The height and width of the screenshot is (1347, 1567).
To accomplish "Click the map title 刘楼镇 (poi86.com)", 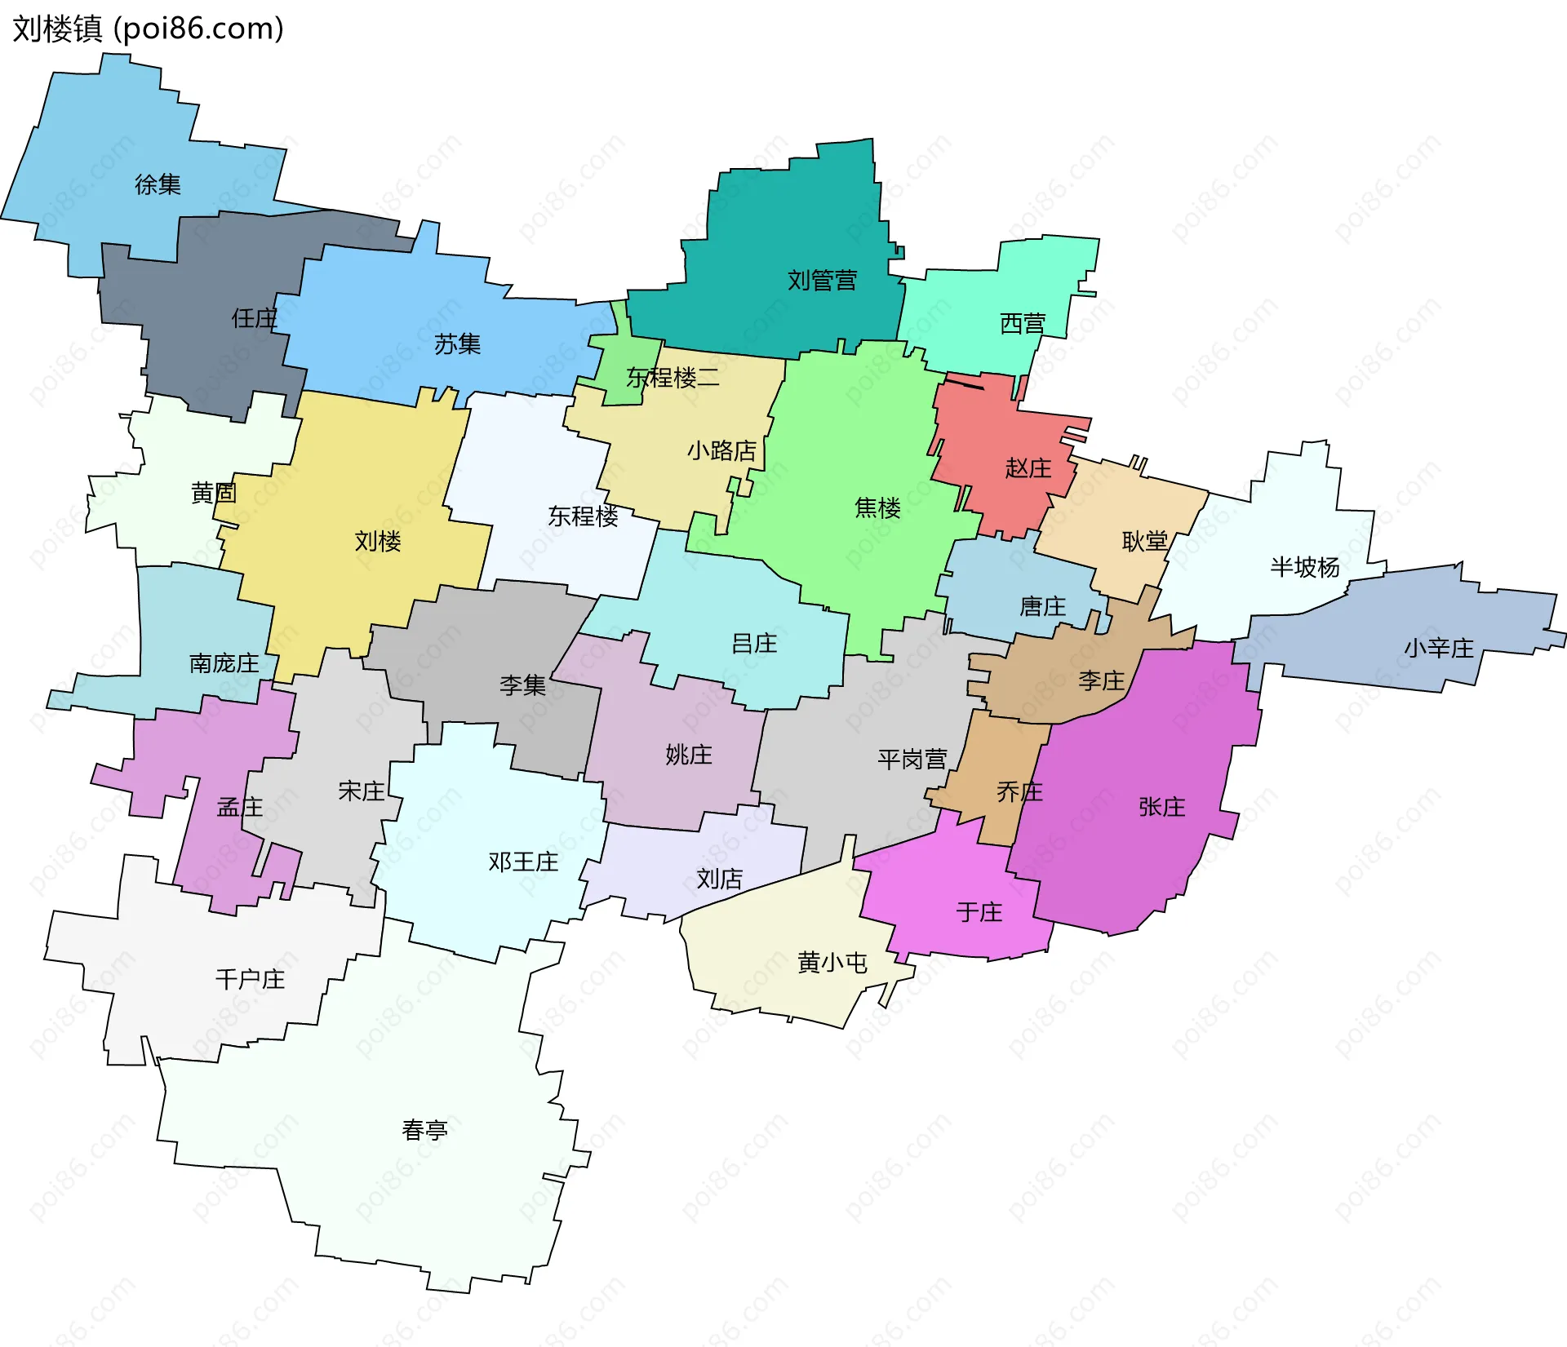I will coord(148,29).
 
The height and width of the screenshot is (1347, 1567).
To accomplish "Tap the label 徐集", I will coord(158,184).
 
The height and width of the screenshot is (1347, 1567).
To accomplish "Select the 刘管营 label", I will coord(822,281).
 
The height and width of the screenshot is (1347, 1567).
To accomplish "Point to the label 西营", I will coord(1023,324).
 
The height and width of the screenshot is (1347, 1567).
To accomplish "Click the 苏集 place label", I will coord(457,344).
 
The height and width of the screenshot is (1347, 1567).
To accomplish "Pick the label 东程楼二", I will coord(673,378).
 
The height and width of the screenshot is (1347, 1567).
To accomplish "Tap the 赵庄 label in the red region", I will coord(1028,468).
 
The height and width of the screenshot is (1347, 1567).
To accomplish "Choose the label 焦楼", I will coord(877,508).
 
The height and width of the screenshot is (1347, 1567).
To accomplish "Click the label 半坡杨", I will coord(1304,567).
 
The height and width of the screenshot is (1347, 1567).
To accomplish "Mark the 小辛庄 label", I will coord(1438,649).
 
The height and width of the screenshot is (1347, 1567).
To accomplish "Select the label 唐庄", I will coord(1042,607).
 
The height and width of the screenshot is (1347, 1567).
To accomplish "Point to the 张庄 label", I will coord(1161,807).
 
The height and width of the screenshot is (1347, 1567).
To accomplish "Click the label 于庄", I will coord(979,912).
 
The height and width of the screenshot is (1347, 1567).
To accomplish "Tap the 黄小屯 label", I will coord(832,963).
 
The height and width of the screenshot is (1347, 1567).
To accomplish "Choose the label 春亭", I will coord(424,1130).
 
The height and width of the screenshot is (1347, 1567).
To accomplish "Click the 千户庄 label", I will coord(250,979).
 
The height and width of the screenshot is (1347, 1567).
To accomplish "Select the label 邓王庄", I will coord(523,862).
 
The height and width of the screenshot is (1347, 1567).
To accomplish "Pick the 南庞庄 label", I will coord(224,663).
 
